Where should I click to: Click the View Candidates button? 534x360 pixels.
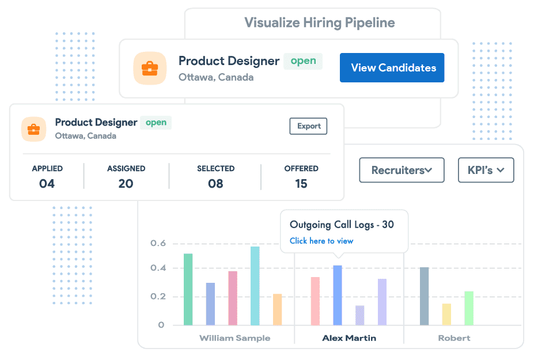(392, 68)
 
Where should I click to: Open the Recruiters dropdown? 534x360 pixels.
(402, 170)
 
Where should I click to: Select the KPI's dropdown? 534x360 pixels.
(486, 170)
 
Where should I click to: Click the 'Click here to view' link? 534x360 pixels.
(321, 241)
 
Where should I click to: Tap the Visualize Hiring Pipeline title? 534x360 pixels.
(320, 23)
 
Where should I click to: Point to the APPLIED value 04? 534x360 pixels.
(47, 184)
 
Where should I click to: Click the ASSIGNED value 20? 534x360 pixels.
(126, 184)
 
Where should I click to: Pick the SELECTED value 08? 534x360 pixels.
(215, 184)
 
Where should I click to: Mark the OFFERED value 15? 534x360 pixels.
(301, 184)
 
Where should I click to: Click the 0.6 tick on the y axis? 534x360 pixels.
(158, 244)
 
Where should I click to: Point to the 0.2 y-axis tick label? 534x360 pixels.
(158, 297)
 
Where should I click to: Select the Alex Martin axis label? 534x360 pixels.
(349, 338)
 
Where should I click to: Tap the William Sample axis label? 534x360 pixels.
(234, 338)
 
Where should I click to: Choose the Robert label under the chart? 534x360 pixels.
(454, 338)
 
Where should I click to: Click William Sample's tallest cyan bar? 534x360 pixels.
(255, 286)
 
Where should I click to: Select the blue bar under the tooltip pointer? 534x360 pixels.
(338, 295)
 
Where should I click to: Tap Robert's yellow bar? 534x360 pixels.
(446, 314)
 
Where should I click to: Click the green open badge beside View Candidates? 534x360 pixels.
(303, 61)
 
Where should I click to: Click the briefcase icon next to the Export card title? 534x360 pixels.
(33, 130)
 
